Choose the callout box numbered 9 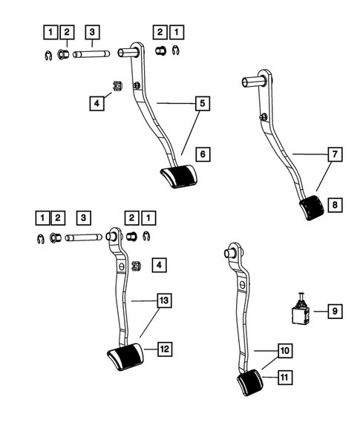[334, 312]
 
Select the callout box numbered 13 [163, 301]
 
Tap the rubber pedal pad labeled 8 [310, 209]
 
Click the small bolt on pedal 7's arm [265, 115]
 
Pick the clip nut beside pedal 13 [135, 265]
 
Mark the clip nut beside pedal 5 [117, 86]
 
